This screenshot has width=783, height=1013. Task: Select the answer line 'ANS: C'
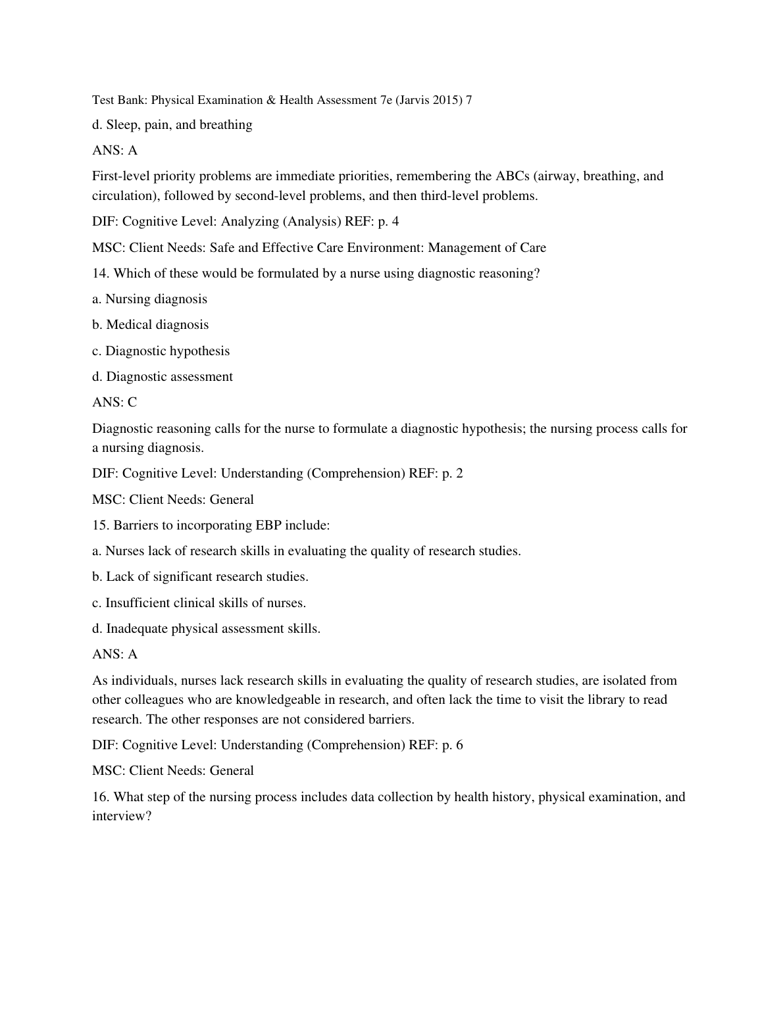tap(114, 402)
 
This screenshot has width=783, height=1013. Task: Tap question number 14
tap(101, 273)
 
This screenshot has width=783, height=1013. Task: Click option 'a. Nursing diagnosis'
tap(149, 299)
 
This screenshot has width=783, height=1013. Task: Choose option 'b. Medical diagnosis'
tap(150, 324)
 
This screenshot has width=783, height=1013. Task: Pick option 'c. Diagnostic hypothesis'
tap(161, 351)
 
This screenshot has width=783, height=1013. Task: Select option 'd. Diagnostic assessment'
tap(162, 376)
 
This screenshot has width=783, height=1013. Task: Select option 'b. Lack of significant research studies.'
tap(200, 576)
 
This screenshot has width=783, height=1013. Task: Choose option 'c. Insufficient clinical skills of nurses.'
tap(199, 603)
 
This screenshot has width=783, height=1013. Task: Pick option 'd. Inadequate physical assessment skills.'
tap(206, 628)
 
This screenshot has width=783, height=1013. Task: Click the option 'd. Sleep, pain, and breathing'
tap(172, 124)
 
